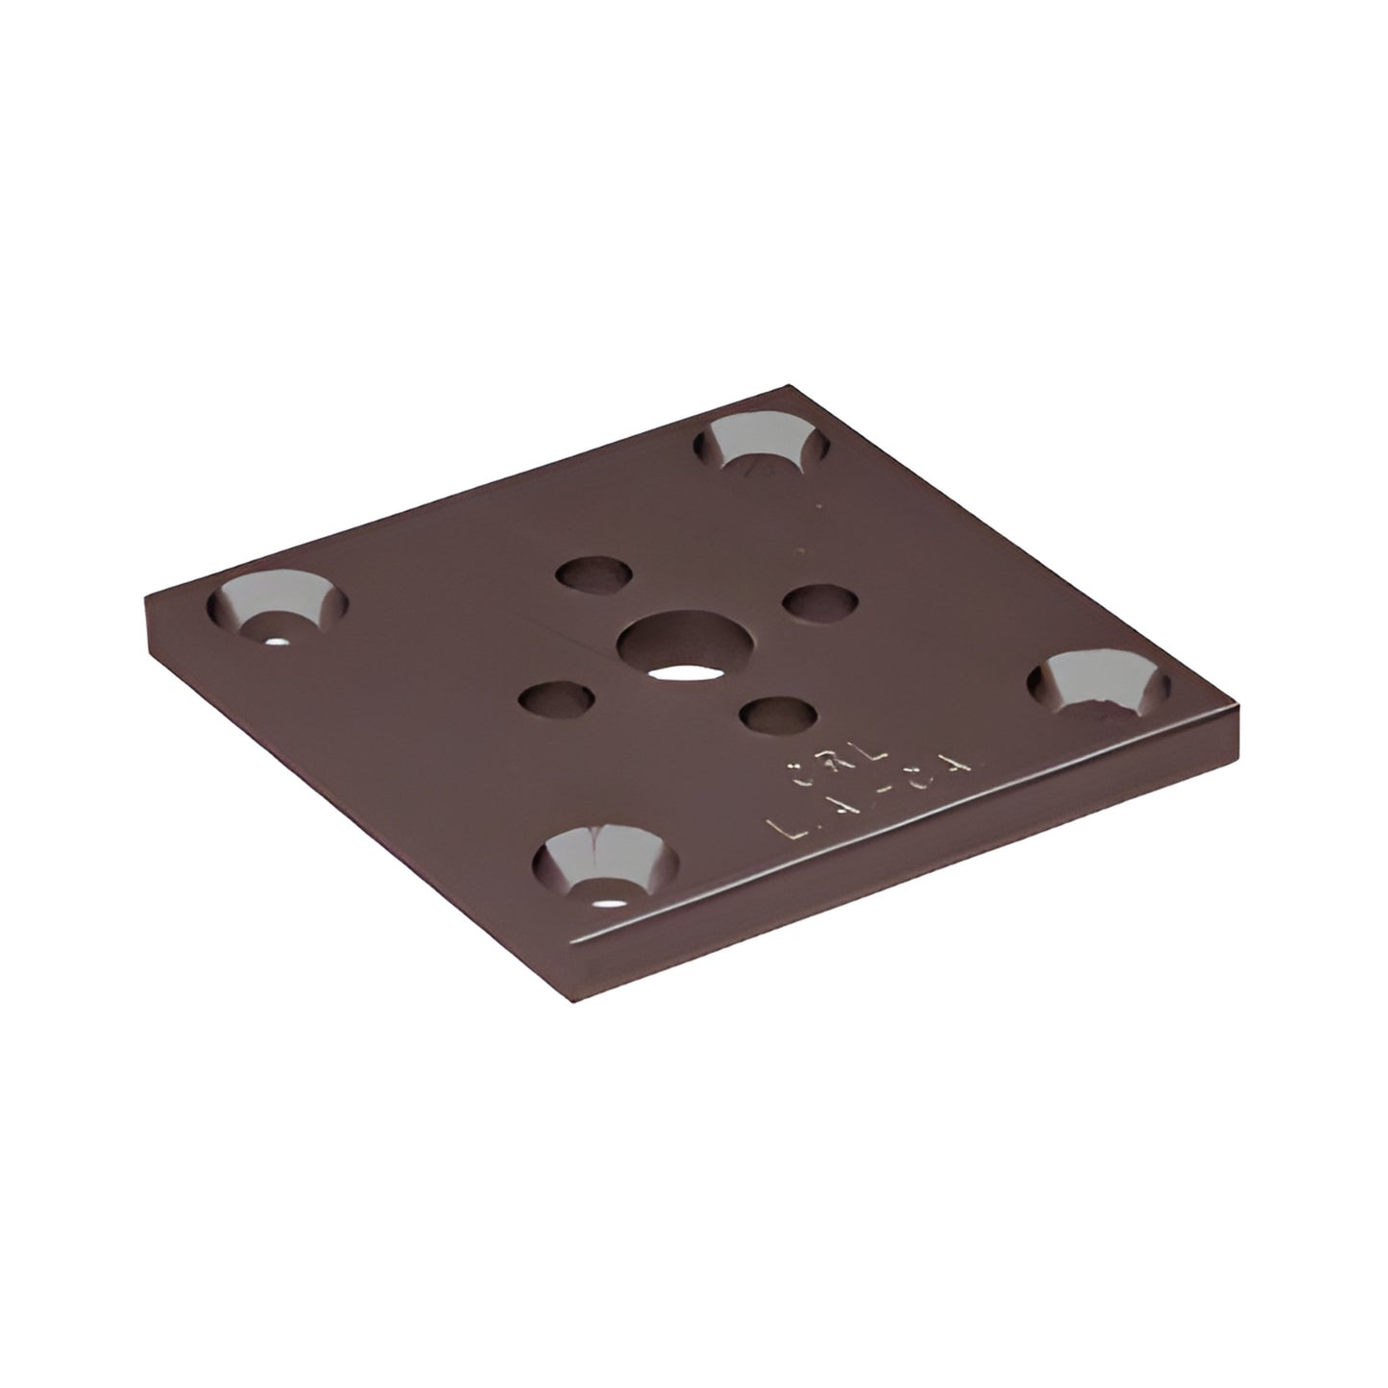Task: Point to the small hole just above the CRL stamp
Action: coord(779,715)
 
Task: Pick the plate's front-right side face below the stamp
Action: coord(913,864)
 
